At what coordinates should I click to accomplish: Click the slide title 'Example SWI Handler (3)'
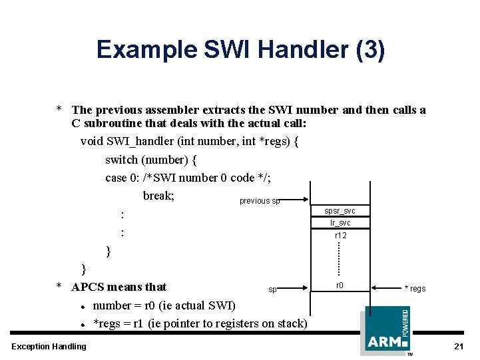240,51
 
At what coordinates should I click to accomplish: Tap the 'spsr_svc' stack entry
340,211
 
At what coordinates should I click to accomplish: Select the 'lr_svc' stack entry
340,223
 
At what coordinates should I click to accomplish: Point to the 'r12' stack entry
340,236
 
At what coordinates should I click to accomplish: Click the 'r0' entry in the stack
340,285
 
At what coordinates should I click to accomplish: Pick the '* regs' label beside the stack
415,288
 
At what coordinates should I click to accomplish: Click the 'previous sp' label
260,201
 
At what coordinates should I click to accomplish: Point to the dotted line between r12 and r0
340,260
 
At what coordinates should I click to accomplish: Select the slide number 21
458,347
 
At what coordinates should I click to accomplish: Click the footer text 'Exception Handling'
49,346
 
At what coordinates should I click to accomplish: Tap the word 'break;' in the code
158,196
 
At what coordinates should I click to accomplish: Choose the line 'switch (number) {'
151,160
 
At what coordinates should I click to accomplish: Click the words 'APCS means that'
119,287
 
